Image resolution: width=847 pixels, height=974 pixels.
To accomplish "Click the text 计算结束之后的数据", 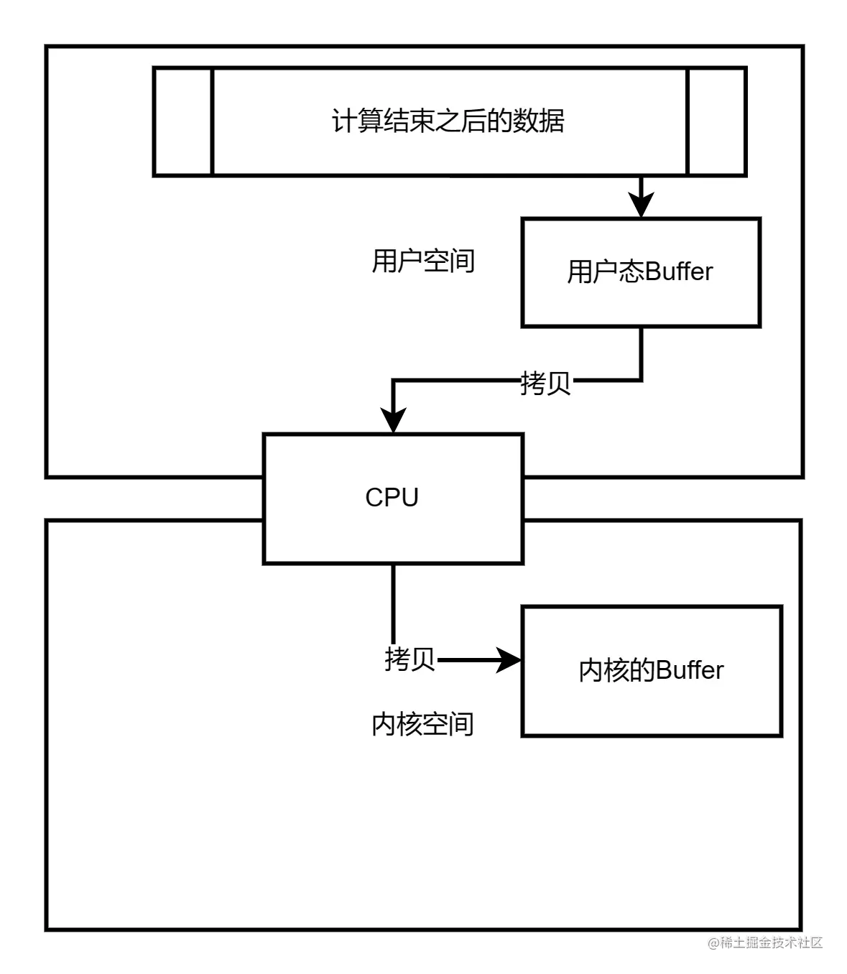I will [x=448, y=121].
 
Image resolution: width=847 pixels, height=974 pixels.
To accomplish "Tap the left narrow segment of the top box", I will [x=184, y=121].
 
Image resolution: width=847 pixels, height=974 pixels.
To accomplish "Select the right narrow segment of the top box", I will [x=716, y=121].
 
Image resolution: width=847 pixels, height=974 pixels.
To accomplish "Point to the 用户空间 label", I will [x=423, y=261].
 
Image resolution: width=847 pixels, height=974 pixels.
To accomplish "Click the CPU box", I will [x=393, y=532].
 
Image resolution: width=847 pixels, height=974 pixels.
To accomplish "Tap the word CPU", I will [x=392, y=497].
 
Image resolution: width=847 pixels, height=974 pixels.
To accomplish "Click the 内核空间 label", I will [x=422, y=724].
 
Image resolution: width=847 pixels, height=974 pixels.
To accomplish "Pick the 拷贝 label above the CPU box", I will [x=545, y=383].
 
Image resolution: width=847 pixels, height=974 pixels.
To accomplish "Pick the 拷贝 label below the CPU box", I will [x=409, y=659].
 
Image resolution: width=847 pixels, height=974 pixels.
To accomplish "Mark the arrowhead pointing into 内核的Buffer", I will [x=509, y=659].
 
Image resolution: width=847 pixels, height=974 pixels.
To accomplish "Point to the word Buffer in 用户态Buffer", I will [x=679, y=272].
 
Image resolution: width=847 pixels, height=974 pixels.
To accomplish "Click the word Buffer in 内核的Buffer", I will [x=690, y=670].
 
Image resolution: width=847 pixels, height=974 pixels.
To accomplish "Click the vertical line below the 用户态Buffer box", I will [x=641, y=352].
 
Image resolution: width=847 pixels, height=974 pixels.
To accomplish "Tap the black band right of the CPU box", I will [x=661, y=498].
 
